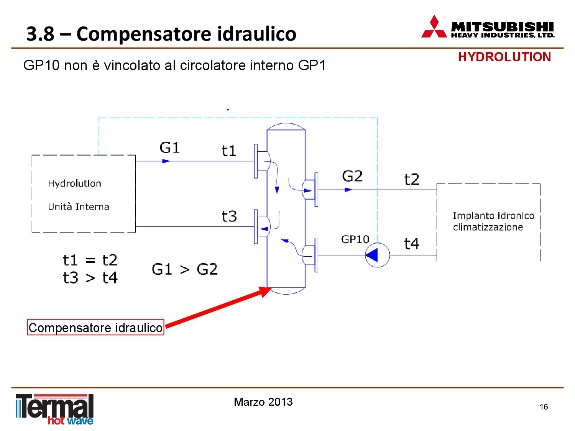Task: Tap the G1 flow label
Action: click(x=169, y=147)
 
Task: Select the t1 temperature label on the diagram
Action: click(x=229, y=151)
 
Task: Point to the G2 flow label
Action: click(x=352, y=176)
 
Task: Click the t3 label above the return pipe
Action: click(x=229, y=216)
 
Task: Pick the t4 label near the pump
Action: click(x=412, y=244)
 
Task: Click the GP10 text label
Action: click(x=355, y=239)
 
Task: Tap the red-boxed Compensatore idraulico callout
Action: click(x=95, y=327)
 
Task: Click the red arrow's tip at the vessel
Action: click(x=271, y=288)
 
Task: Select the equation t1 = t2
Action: click(x=90, y=260)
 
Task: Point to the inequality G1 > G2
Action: click(x=185, y=269)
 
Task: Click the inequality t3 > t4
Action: click(x=90, y=278)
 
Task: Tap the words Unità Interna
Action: click(x=78, y=207)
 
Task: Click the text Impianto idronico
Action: click(x=493, y=216)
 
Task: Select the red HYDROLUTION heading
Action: click(x=504, y=57)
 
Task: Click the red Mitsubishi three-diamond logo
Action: click(x=434, y=26)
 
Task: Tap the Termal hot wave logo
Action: click(x=55, y=409)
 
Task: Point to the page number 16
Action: click(x=544, y=406)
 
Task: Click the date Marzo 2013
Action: click(x=263, y=402)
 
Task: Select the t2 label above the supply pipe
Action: click(x=412, y=180)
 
